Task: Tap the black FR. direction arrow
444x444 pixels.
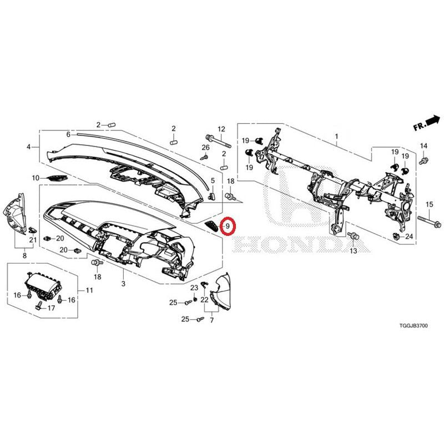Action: click(x=433, y=120)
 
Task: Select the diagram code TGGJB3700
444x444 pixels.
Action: click(x=413, y=326)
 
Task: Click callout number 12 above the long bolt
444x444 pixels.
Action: click(x=221, y=129)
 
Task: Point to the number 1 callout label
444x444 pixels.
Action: click(x=337, y=137)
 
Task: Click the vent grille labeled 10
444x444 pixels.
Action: click(x=58, y=178)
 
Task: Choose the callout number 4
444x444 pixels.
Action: click(x=28, y=147)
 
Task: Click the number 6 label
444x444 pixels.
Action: click(x=68, y=134)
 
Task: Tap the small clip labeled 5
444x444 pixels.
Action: click(x=212, y=195)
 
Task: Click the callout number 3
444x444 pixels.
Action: click(x=123, y=284)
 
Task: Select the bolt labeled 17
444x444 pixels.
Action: click(x=39, y=305)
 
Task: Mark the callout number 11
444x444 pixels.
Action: click(x=89, y=290)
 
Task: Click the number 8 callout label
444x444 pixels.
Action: click(x=24, y=256)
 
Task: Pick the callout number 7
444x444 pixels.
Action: click(x=212, y=320)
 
